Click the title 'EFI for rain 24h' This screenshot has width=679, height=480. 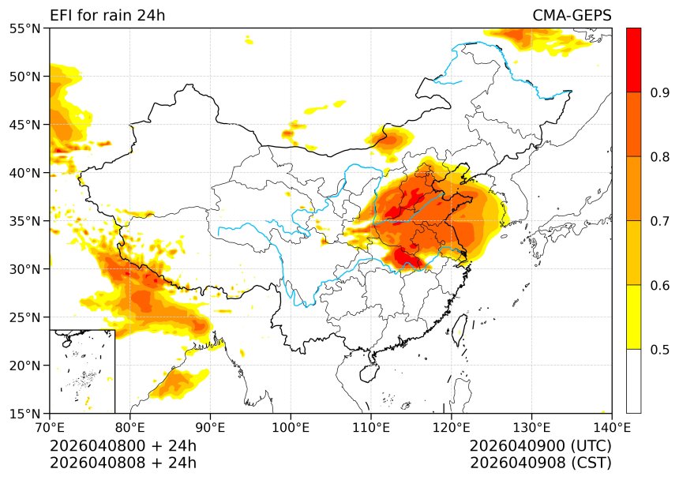pos(107,16)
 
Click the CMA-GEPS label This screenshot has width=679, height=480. pos(572,16)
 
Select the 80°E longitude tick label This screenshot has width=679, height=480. pos(130,428)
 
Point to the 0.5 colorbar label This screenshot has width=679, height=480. pos(660,350)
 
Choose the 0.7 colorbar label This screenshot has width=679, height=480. pos(660,221)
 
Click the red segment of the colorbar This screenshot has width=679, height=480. pos(633,60)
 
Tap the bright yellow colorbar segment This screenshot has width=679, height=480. pos(633,317)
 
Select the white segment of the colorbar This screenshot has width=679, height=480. pos(633,381)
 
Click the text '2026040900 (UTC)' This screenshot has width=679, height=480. pos(540,446)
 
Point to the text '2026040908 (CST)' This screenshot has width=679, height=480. pos(540,463)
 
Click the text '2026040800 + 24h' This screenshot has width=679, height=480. pos(123,446)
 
